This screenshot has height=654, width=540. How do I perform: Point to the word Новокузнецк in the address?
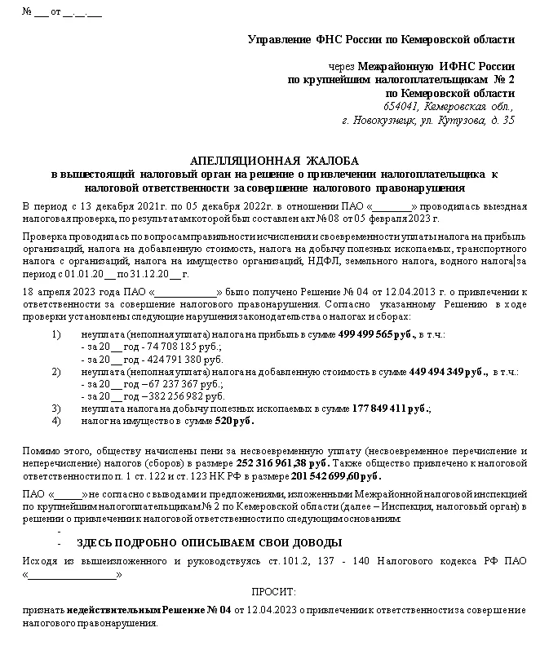point(386,120)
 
